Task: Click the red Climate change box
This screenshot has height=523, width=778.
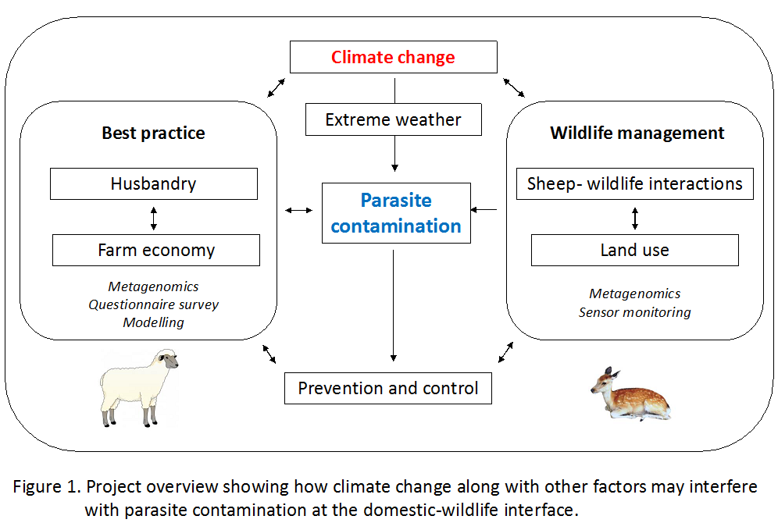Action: [x=394, y=57]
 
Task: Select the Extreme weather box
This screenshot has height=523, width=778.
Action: [x=394, y=119]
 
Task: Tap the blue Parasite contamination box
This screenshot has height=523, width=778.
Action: [x=396, y=213]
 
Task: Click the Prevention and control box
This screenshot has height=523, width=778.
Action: [x=388, y=388]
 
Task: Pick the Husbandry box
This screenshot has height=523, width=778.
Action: [x=154, y=184]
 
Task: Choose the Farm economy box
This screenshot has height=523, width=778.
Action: [x=156, y=251]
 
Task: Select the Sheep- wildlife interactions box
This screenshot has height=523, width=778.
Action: [x=634, y=184]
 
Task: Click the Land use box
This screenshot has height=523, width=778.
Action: [x=634, y=251]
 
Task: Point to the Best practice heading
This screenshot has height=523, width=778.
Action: [x=153, y=133]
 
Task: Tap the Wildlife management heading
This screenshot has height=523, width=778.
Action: [x=637, y=133]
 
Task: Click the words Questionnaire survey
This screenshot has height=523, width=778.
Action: [x=153, y=304]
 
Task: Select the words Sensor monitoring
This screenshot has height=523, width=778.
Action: [x=634, y=312]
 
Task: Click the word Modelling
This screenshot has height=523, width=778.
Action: [x=153, y=322]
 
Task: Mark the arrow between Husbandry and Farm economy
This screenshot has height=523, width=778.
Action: [x=154, y=219]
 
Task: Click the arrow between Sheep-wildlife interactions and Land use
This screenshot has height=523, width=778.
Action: [x=634, y=218]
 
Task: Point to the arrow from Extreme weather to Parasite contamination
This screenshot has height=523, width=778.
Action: [x=394, y=154]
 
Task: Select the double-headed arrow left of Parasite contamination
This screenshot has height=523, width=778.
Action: [x=298, y=210]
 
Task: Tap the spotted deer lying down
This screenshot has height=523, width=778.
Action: [x=630, y=395]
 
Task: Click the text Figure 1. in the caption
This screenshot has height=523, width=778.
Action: [x=47, y=487]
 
